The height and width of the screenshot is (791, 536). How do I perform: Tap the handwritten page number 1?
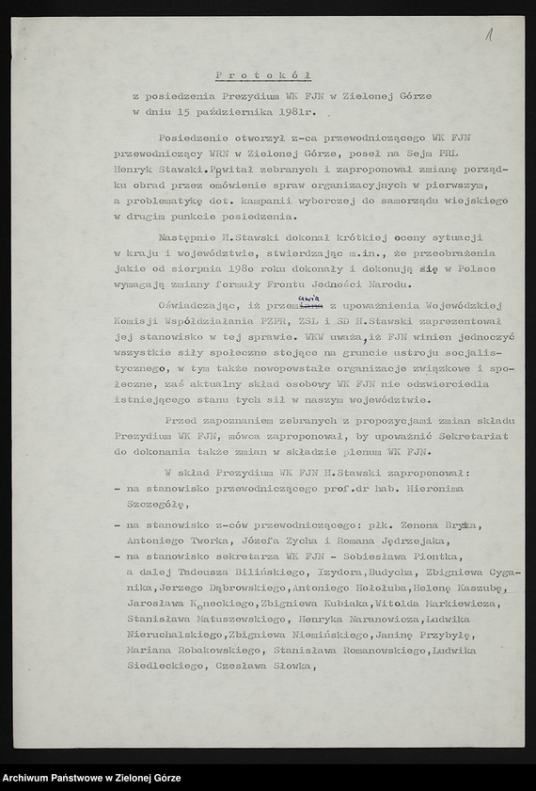pos(489,36)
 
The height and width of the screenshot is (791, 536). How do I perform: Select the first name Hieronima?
pos(448,490)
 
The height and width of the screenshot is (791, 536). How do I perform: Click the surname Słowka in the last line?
pos(288,667)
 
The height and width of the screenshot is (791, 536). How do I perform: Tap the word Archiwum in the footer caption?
pos(31,776)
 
